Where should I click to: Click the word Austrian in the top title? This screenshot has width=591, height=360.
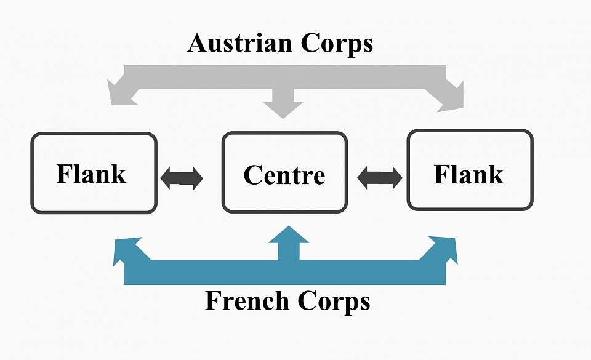click(x=240, y=43)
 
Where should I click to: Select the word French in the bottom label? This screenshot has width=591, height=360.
click(x=247, y=300)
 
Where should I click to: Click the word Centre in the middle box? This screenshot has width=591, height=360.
click(x=284, y=175)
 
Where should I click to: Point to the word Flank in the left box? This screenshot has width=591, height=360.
click(x=91, y=174)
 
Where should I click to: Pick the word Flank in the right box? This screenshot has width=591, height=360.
click(x=468, y=174)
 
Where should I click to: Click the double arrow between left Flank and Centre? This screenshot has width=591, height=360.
click(x=181, y=178)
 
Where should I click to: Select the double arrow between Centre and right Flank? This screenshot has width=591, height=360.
click(x=379, y=178)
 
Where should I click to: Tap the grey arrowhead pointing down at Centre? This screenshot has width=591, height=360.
click(x=283, y=107)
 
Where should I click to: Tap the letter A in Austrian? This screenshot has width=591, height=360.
click(x=198, y=43)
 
